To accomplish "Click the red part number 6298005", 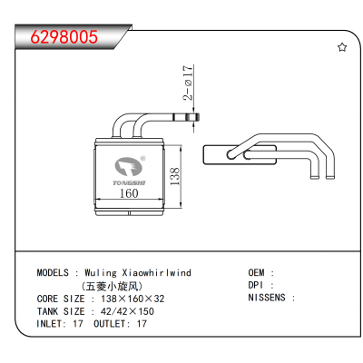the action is tap(64, 37).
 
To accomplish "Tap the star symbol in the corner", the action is tap(342, 47).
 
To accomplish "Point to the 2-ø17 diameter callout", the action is tap(188, 83).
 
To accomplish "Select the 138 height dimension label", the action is tap(175, 176).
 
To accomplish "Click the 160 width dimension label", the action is tap(129, 193).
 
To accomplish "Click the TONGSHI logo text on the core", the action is tap(129, 182).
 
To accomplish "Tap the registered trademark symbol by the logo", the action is tap(143, 159).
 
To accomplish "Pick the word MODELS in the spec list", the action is tap(53, 272).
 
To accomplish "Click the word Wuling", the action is tap(101, 273).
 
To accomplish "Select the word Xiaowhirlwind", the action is tap(156, 272).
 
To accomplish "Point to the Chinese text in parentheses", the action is tap(112, 286).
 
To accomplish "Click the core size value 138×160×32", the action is tap(132, 299).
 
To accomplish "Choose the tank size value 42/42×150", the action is tap(127, 311).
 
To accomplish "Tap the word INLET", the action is tap(50, 324).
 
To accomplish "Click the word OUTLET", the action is tap(110, 324).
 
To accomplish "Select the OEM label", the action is tap(256, 272).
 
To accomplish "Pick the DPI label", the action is tap(256, 285).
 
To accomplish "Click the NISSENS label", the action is tap(267, 298).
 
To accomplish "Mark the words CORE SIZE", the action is tap(61, 299).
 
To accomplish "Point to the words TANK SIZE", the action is tap(61, 311).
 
